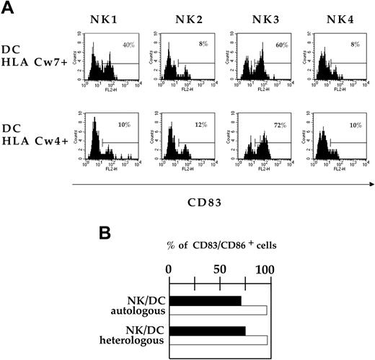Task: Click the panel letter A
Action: pos(9,8)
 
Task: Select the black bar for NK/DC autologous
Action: pos(206,300)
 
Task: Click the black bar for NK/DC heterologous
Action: pos(208,330)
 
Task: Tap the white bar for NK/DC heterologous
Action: pos(219,340)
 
